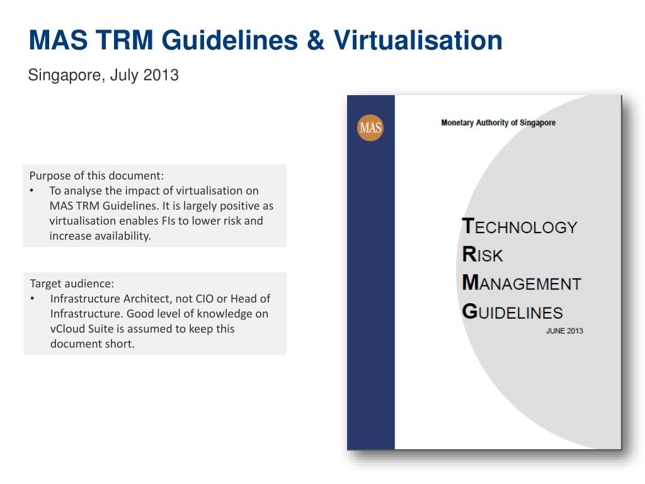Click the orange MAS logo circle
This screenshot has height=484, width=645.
[370, 128]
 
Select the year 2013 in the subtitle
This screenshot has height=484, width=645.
[161, 76]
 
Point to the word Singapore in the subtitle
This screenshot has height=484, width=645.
[64, 76]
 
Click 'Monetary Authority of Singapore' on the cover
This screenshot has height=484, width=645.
[498, 123]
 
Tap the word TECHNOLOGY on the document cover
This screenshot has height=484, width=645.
[519, 226]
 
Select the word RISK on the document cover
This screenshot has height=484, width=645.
[482, 255]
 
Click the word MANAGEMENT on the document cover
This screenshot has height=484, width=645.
[521, 283]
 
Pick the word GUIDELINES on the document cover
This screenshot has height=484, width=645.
[512, 311]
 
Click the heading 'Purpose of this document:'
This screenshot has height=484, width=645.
[96, 176]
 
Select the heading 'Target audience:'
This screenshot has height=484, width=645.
[72, 284]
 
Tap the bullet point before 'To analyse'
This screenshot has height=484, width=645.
[32, 191]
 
